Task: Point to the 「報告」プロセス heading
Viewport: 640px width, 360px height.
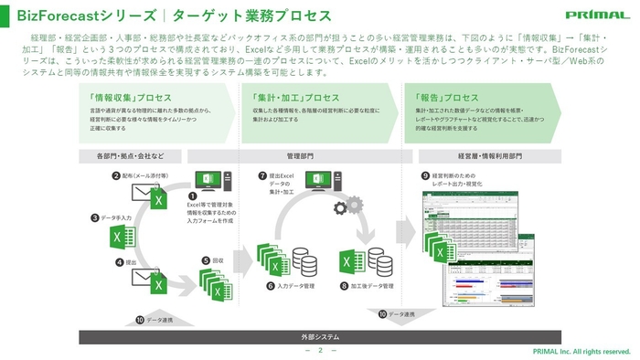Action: (447, 98)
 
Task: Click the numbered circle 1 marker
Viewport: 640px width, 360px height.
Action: (192, 196)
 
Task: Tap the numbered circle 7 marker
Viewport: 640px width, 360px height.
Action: (262, 175)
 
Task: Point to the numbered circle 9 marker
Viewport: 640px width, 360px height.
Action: (425, 175)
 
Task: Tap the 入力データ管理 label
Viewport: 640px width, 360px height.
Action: (296, 285)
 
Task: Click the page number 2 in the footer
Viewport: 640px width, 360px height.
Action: (320, 350)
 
